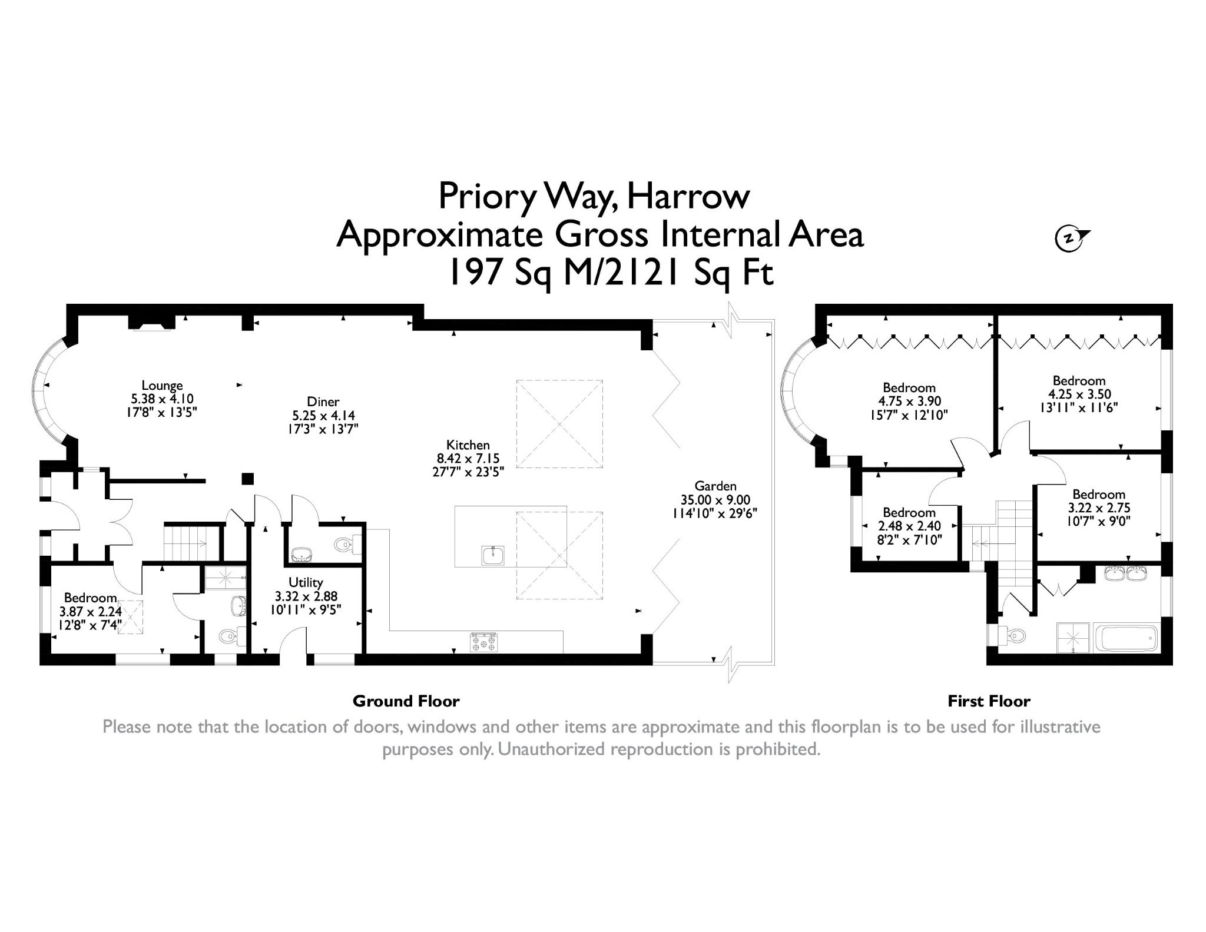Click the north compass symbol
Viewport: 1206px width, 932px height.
pyautogui.click(x=1070, y=238)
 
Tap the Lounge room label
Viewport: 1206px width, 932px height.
pyautogui.click(x=162, y=386)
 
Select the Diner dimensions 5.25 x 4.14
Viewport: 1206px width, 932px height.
pyautogui.click(x=323, y=416)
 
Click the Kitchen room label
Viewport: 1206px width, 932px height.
pyautogui.click(x=468, y=445)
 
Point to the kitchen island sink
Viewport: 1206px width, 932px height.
pyautogui.click(x=493, y=555)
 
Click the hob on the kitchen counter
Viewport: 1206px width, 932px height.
pyautogui.click(x=484, y=641)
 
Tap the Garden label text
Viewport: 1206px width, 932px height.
pyautogui.click(x=715, y=486)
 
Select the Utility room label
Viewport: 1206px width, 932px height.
pyautogui.click(x=306, y=582)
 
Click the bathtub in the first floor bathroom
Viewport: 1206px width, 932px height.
pyautogui.click(x=1126, y=638)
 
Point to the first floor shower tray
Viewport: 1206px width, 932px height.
pyautogui.click(x=1074, y=638)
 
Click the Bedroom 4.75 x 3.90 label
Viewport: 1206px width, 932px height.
pyautogui.click(x=909, y=388)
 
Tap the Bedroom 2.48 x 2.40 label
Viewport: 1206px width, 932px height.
pyautogui.click(x=909, y=513)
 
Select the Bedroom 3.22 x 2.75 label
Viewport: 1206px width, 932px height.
pyautogui.click(x=1098, y=495)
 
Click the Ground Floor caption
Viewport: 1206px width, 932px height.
pyautogui.click(x=406, y=701)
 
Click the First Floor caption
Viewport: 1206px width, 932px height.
pyautogui.click(x=989, y=701)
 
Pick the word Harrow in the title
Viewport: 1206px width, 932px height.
pyautogui.click(x=688, y=196)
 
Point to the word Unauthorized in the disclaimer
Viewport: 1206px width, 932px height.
pyautogui.click(x=552, y=749)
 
